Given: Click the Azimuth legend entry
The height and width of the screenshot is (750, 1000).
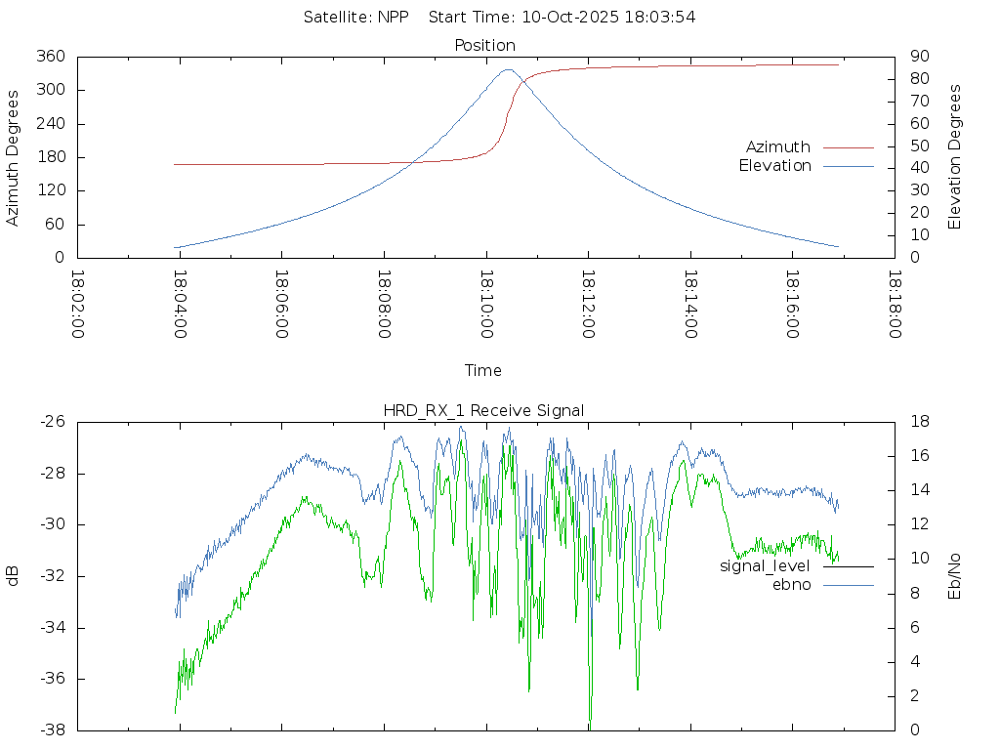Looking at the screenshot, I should click(778, 147).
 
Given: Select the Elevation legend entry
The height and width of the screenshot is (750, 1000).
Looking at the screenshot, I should click(775, 166).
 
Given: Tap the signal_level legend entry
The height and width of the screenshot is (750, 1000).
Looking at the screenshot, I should click(765, 566).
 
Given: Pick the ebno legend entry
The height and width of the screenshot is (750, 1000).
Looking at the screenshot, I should click(791, 585).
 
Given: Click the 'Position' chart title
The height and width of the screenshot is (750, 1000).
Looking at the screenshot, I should click(484, 46).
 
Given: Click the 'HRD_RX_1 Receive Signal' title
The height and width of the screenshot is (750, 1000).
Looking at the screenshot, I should click(483, 410).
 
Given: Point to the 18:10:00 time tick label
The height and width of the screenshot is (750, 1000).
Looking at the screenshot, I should click(485, 305).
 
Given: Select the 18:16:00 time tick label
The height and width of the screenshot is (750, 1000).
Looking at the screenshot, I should click(791, 305).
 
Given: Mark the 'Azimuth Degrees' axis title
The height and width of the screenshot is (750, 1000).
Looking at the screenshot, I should click(14, 157).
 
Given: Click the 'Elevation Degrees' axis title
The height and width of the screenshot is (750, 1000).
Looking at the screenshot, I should click(955, 157).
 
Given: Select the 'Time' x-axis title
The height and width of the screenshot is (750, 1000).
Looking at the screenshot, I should click(483, 371).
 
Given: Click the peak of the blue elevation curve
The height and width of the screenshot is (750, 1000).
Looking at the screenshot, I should click(509, 69).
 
